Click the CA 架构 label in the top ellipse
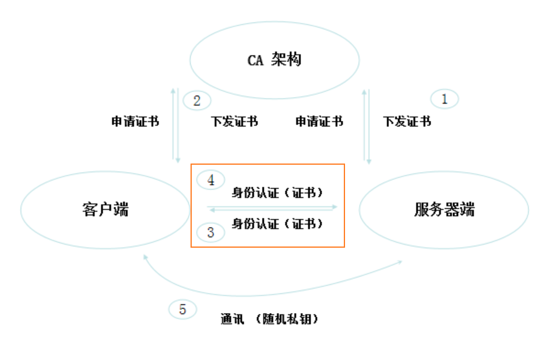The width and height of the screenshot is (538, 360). pyautogui.click(x=274, y=60)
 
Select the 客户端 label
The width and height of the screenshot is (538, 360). pyautogui.click(x=105, y=209)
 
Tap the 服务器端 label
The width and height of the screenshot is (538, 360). pyautogui.click(x=444, y=209)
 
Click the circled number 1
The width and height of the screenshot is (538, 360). pyautogui.click(x=445, y=99)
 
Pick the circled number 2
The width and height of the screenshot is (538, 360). pyautogui.click(x=197, y=101)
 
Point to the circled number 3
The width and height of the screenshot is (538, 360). pyautogui.click(x=211, y=232)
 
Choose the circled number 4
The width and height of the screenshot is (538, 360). pyautogui.click(x=211, y=180)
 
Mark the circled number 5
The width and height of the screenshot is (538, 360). pyautogui.click(x=183, y=309)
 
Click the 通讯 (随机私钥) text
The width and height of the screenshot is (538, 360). pyautogui.click(x=269, y=319)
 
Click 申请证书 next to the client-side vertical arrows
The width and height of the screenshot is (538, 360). pyautogui.click(x=135, y=121)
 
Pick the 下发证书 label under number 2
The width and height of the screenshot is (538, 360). pyautogui.click(x=234, y=121)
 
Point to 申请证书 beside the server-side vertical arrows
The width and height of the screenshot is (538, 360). pyautogui.click(x=319, y=121)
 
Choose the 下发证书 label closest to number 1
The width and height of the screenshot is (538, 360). pyautogui.click(x=407, y=121)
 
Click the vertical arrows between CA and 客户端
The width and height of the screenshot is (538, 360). pyautogui.click(x=176, y=125)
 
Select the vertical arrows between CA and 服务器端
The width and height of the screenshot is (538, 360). pyautogui.click(x=367, y=125)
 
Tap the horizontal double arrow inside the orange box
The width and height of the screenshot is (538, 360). pyautogui.click(x=272, y=208)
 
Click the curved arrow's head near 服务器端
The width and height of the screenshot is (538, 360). pyautogui.click(x=400, y=262)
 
